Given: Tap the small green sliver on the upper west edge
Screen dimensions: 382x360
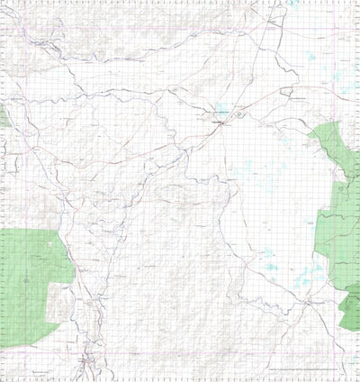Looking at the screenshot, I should point(3,116).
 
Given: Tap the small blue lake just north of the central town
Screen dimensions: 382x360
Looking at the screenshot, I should point(220,112).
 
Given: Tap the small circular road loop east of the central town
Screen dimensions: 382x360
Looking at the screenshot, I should point(286,91).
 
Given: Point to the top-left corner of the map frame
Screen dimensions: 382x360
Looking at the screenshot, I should point(3,3).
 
